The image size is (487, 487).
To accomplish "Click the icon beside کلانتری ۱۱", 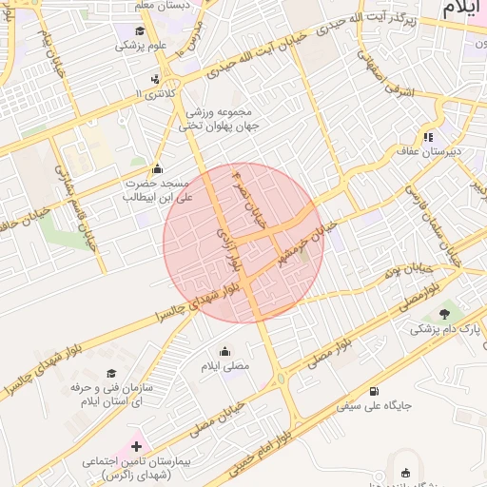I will click(155, 80).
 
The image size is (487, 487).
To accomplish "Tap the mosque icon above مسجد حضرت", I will click(157, 168).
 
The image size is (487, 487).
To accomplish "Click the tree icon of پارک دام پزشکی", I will click(444, 313).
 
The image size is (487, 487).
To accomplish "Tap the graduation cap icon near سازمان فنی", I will click(111, 373).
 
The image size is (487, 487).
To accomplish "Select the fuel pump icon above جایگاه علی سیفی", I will click(372, 390).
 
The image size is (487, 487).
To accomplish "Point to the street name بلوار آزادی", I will click(227, 249).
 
